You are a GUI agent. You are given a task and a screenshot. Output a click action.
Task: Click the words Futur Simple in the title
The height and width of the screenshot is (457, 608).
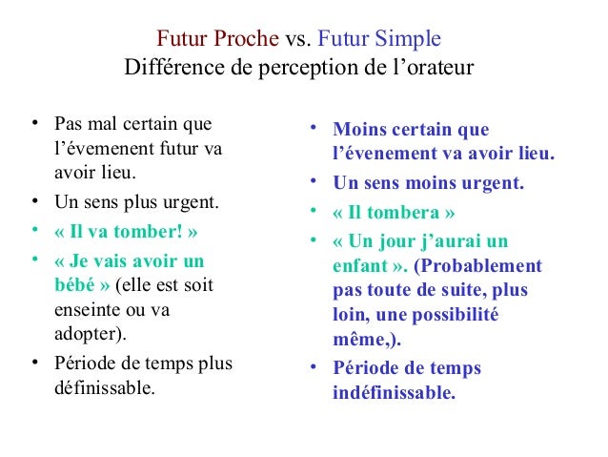379,41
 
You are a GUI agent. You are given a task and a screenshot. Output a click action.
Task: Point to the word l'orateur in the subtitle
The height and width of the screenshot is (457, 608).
430,71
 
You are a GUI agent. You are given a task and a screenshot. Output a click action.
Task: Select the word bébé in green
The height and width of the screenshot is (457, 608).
76,285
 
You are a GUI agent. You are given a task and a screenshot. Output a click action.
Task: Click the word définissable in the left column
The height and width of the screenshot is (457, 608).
101,388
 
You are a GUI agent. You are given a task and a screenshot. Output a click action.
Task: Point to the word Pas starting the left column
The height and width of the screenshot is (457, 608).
68,125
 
